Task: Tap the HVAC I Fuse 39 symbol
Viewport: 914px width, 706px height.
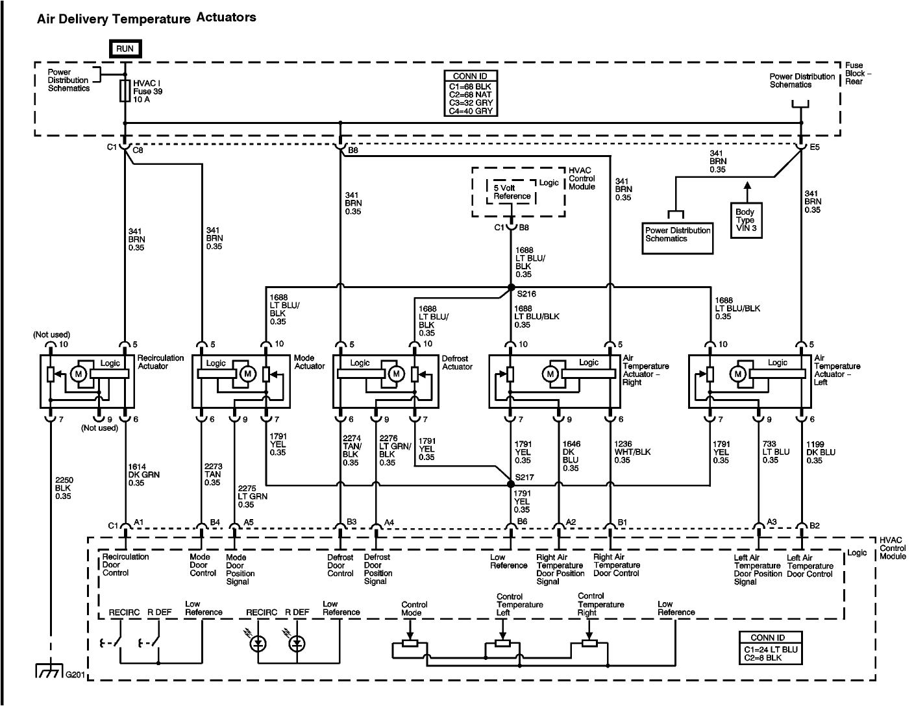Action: click(x=124, y=91)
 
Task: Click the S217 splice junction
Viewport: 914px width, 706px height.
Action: click(x=512, y=484)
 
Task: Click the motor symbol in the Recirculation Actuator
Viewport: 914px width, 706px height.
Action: click(x=78, y=374)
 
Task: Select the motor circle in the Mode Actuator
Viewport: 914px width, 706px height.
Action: click(x=247, y=374)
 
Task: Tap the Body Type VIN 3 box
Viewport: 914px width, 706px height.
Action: click(x=746, y=220)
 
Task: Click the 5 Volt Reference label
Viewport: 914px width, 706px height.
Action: click(x=512, y=192)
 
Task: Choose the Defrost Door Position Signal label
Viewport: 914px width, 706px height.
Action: click(x=378, y=569)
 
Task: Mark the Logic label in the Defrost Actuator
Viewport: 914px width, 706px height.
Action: click(x=360, y=363)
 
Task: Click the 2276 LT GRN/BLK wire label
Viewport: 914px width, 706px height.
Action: click(x=388, y=452)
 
